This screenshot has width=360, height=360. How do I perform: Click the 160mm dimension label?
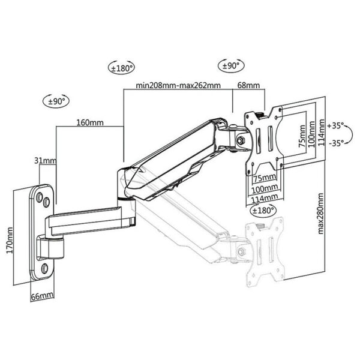coord(90,122)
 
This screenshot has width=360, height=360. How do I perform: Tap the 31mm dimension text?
coord(45,160)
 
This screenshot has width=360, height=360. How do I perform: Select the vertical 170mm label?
coord(10,240)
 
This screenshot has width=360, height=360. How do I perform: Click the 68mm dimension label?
coord(248,85)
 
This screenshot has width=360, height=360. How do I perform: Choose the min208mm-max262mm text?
coord(178,85)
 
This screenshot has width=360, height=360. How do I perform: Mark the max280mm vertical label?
coord(321,214)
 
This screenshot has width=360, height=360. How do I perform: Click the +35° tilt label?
coord(335,125)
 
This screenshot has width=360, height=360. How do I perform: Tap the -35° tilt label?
coord(337,143)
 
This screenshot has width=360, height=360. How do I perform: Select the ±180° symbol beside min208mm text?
coord(121,67)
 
